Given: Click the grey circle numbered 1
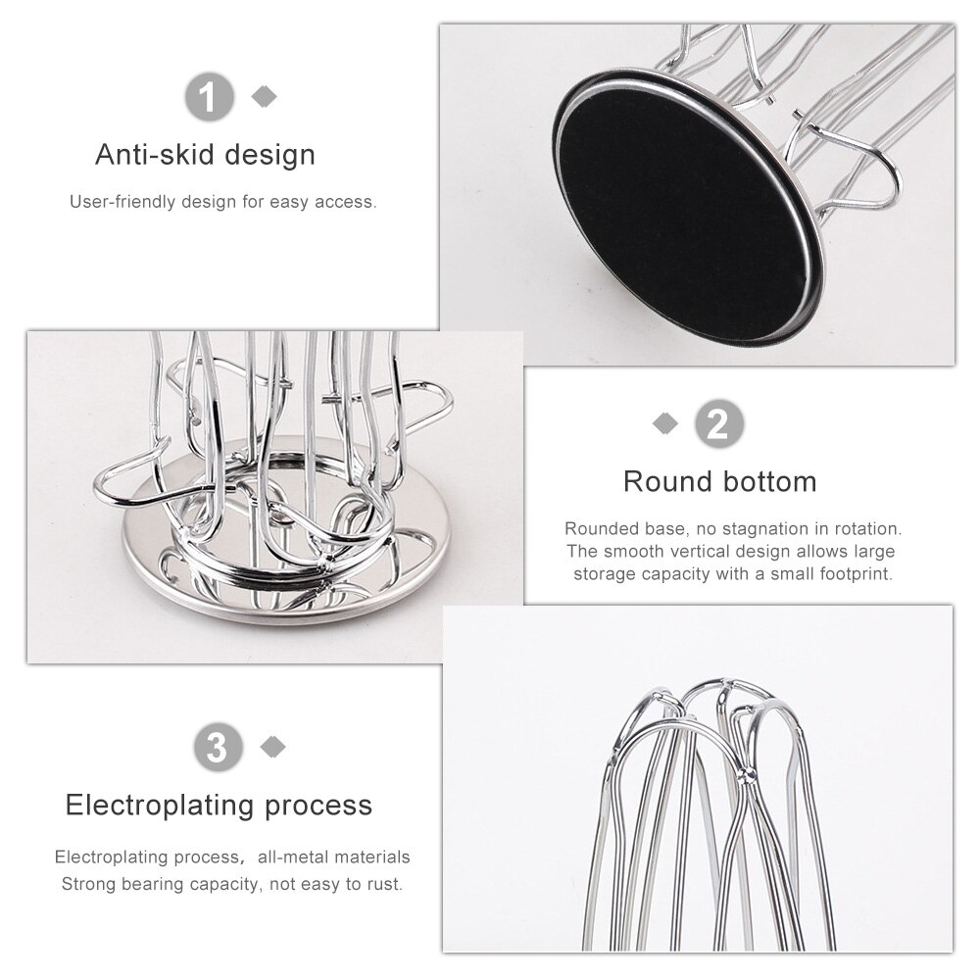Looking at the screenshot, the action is (210, 97).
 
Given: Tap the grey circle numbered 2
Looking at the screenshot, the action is (719, 423).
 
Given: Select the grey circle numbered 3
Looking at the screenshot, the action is (219, 747).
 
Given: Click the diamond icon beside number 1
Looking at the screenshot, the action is (264, 96).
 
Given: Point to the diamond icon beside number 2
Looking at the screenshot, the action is (665, 423).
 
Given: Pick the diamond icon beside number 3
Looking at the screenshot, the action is (272, 746).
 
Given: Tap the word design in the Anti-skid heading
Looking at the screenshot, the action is (270, 155).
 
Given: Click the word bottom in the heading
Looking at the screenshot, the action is (769, 482).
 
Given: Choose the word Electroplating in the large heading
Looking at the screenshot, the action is (161, 806).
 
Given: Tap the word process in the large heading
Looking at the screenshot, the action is (318, 807).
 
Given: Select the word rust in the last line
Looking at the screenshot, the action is (385, 884).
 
